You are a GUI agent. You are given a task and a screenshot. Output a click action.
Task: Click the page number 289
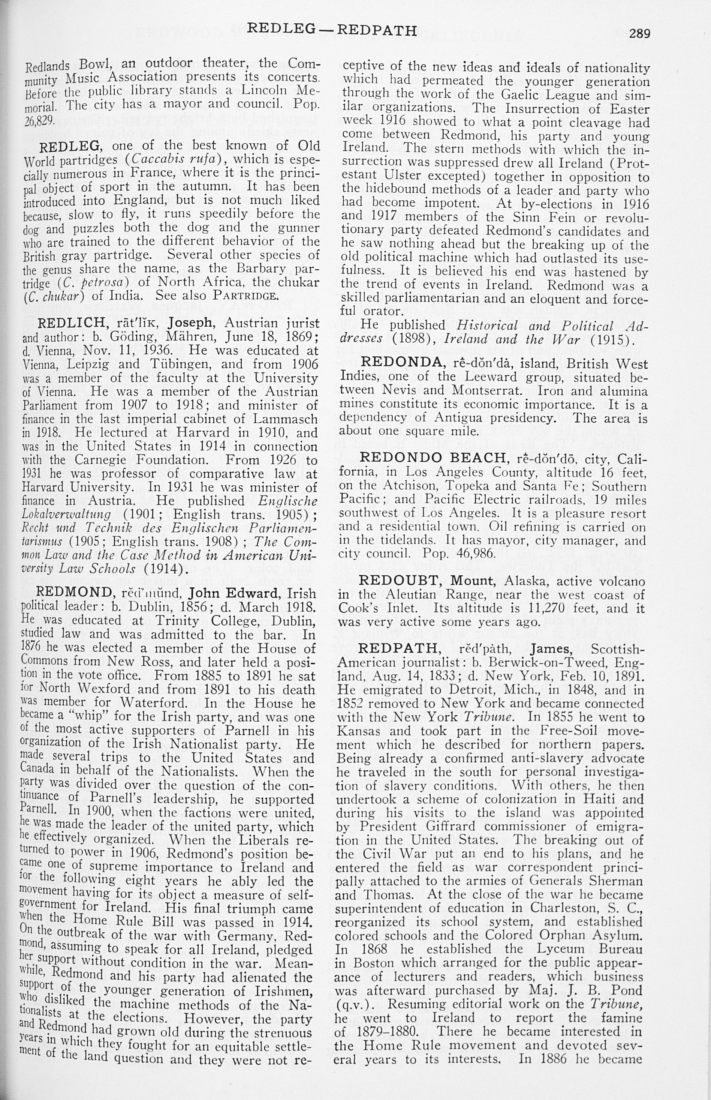point(639,33)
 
